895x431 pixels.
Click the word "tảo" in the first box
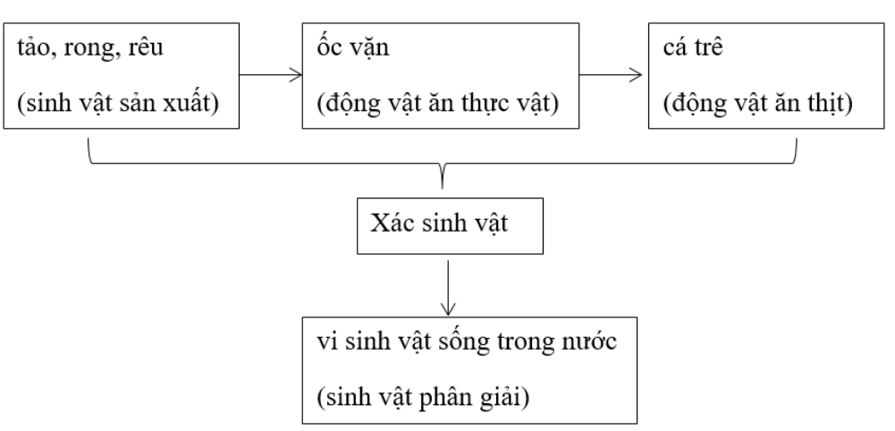pos(35,46)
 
